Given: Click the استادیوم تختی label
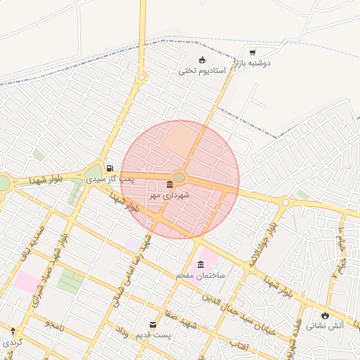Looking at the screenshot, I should click(x=201, y=70).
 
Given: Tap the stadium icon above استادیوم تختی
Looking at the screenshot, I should click(x=202, y=60).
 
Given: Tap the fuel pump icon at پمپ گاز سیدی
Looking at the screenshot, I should click(x=110, y=168).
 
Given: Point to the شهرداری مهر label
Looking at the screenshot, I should click(x=169, y=196).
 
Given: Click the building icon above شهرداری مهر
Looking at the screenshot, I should click(x=169, y=185).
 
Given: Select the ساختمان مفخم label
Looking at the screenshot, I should click(x=201, y=276).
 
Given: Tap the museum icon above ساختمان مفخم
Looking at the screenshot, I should click(x=202, y=264).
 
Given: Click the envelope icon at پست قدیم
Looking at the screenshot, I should click(x=153, y=324).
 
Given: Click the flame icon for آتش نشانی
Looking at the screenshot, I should click(x=325, y=315).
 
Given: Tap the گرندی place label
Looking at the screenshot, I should click(x=12, y=342).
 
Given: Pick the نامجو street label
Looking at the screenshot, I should click(x=55, y=324).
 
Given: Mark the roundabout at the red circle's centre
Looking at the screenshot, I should click(x=179, y=178).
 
